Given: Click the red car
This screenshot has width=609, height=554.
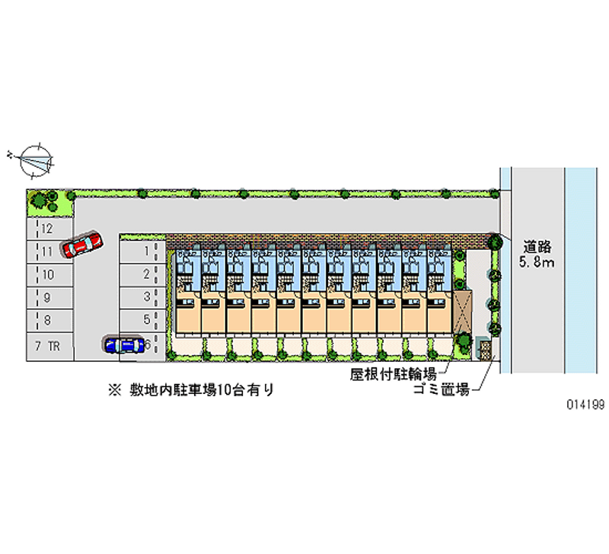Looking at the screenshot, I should click(83, 245).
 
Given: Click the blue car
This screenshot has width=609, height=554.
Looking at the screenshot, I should click(125, 345).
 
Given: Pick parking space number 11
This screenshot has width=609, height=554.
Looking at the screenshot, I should click(49, 251).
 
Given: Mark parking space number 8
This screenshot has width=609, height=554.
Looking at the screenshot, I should click(49, 321).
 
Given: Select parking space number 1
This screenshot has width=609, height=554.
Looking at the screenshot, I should click(142, 250).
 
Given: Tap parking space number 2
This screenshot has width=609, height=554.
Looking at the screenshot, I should click(142, 274).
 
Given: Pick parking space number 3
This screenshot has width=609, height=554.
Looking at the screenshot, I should click(142, 296).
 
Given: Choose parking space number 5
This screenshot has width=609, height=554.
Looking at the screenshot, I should click(142, 320).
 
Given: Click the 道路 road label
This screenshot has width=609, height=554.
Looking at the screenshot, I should click(537, 247).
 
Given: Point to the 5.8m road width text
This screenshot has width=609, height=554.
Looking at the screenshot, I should click(537, 263).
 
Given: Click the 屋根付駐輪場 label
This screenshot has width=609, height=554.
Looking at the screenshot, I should click(393, 373).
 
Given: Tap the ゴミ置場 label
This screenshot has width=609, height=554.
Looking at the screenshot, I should click(440, 390).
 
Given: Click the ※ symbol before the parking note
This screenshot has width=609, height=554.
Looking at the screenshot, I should click(114, 391).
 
